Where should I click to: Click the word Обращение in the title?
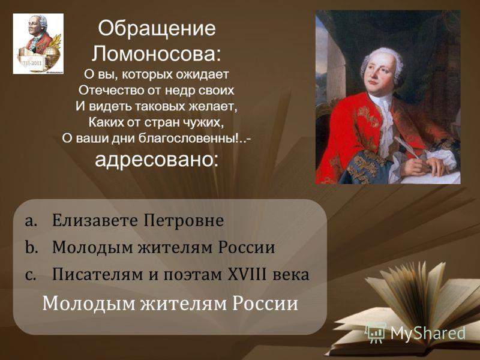pyautogui.click(x=157, y=28)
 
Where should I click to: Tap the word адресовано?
pyautogui.click(x=157, y=160)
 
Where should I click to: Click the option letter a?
pyautogui.click(x=31, y=221)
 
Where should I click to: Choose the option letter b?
pyautogui.click(x=31, y=247)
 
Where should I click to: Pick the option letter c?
pyautogui.click(x=31, y=275)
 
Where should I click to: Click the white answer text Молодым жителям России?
pyautogui.click(x=170, y=304)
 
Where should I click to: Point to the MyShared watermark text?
pyautogui.click(x=427, y=333)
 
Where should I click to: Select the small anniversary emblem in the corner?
pyautogui.click(x=38, y=44)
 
